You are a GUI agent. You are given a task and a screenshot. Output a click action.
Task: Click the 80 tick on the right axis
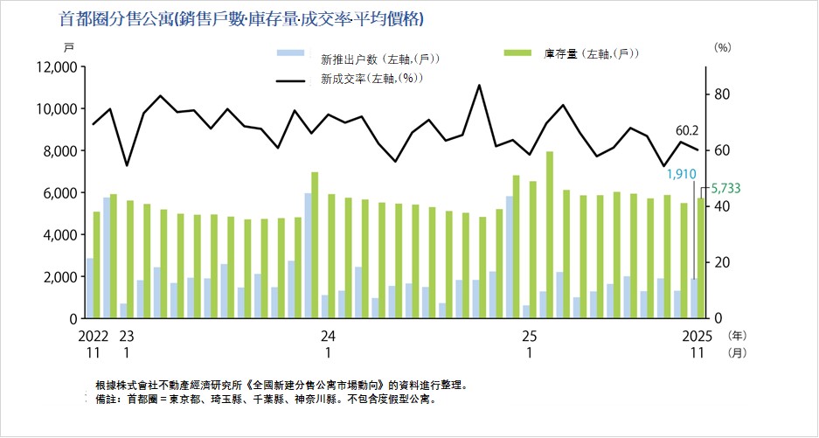point(723,94)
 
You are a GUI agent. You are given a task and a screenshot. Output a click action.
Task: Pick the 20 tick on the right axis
point(723,262)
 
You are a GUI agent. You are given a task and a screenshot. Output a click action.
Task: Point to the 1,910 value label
point(681,174)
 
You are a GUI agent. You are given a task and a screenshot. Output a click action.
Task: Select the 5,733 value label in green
point(722,187)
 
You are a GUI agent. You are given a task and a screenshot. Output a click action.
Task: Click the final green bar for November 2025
point(700,258)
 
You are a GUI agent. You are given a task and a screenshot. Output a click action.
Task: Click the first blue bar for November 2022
point(90,289)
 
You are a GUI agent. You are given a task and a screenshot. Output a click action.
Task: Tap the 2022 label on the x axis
point(90,335)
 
